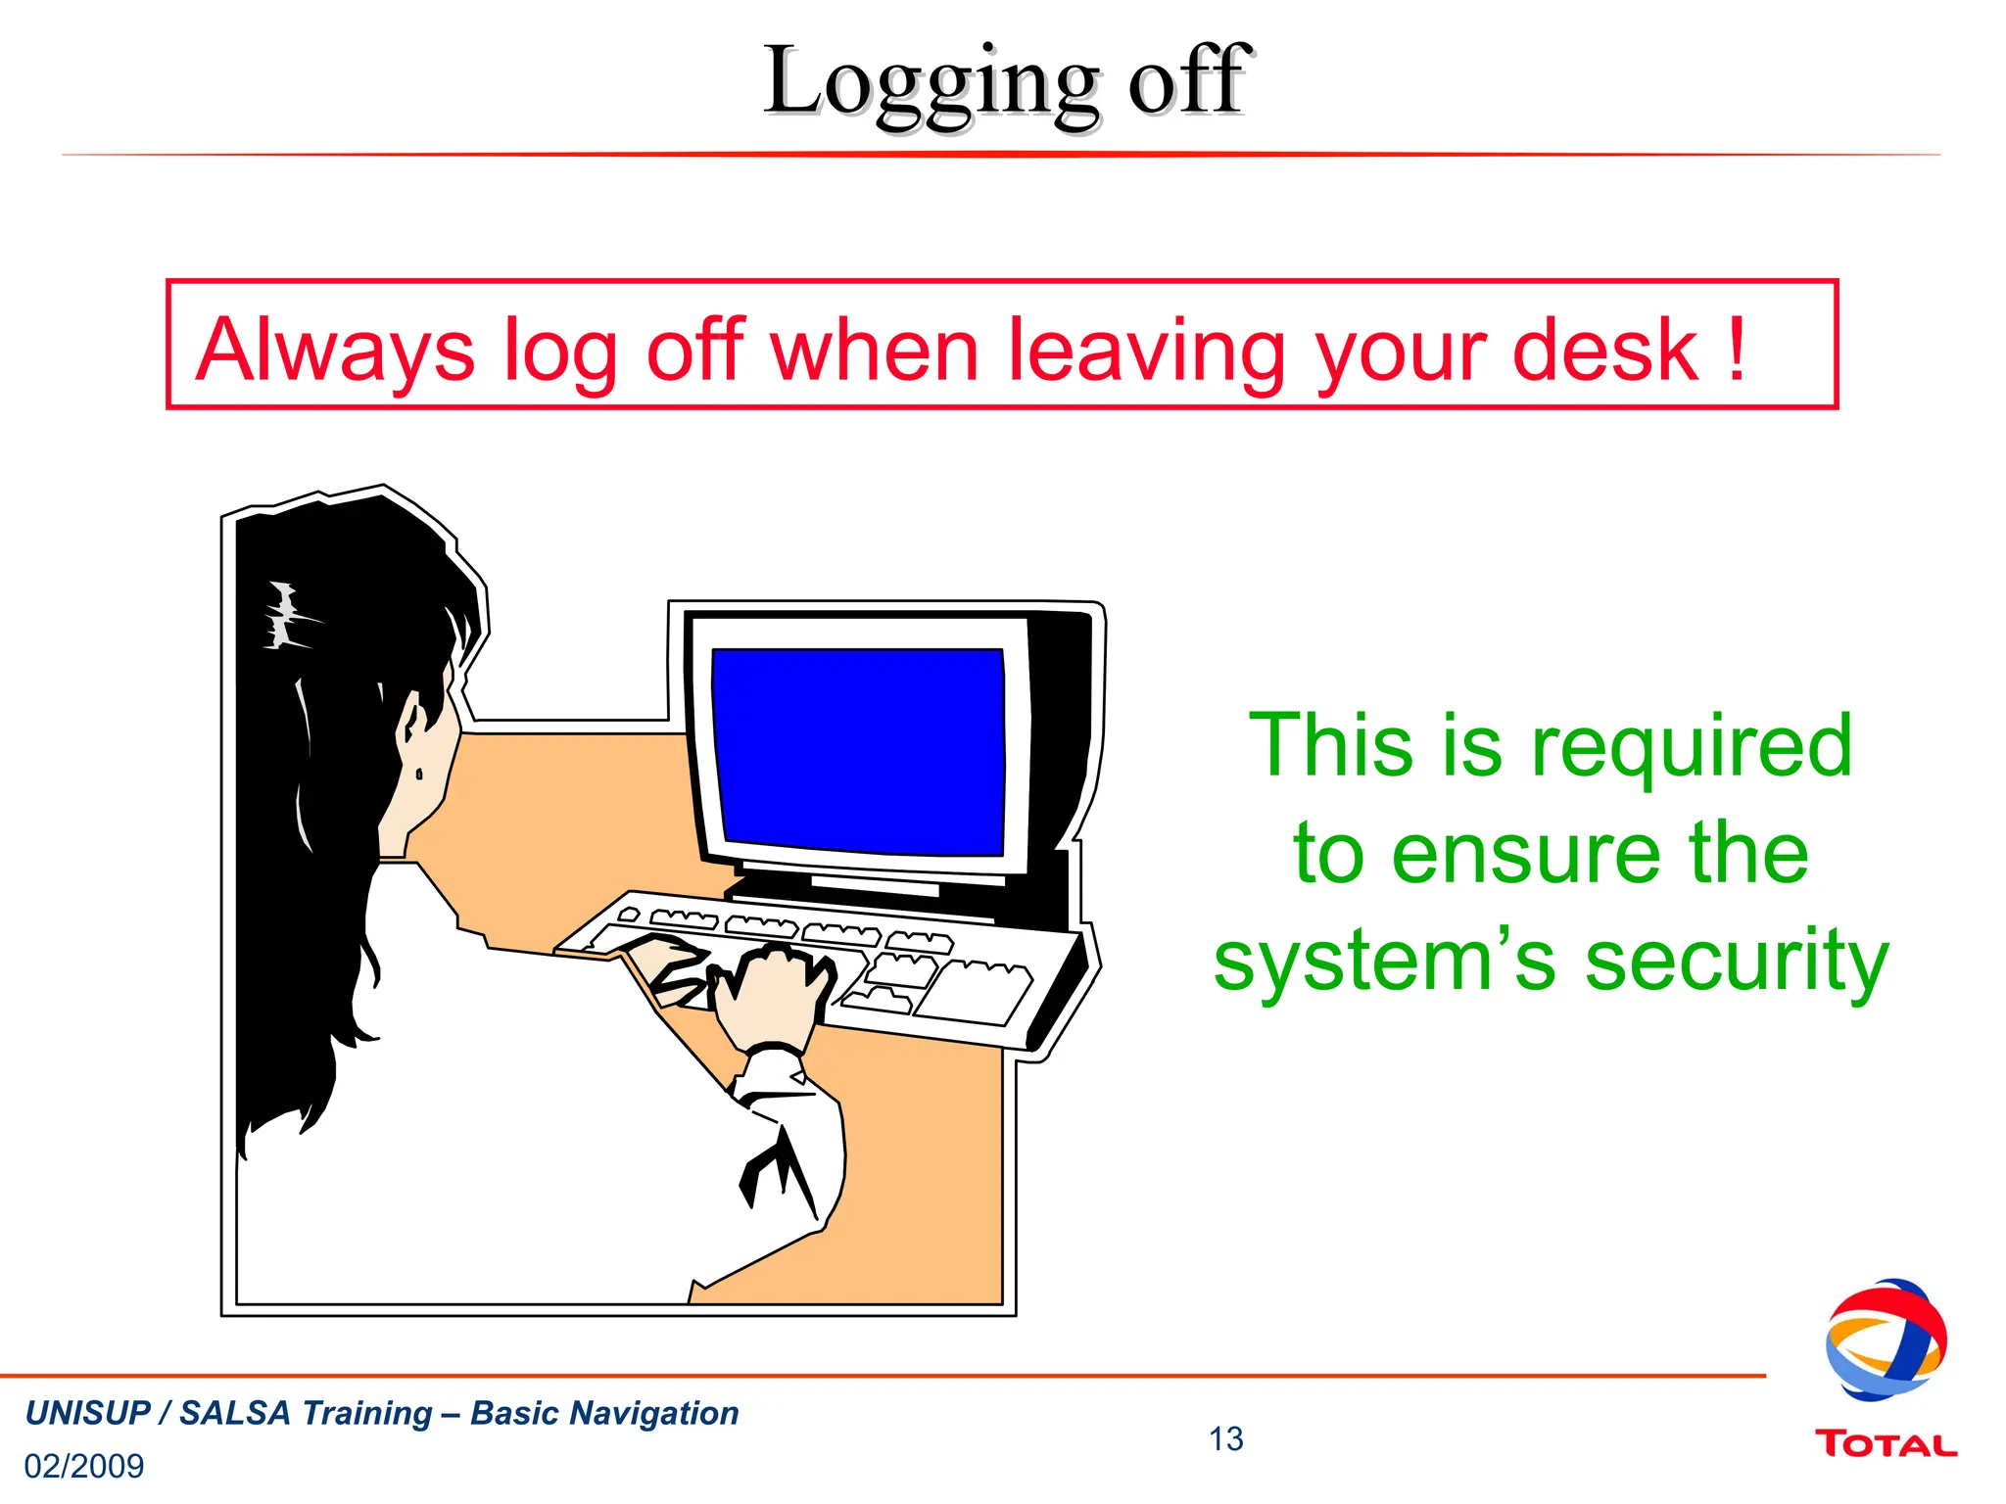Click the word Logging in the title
[x=931, y=84]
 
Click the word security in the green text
[x=1736, y=963]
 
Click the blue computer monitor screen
[x=858, y=750]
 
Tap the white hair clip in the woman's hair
[x=285, y=616]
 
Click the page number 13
[x=1225, y=1438]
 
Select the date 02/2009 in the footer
[x=84, y=1466]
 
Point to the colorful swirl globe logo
[x=1885, y=1339]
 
